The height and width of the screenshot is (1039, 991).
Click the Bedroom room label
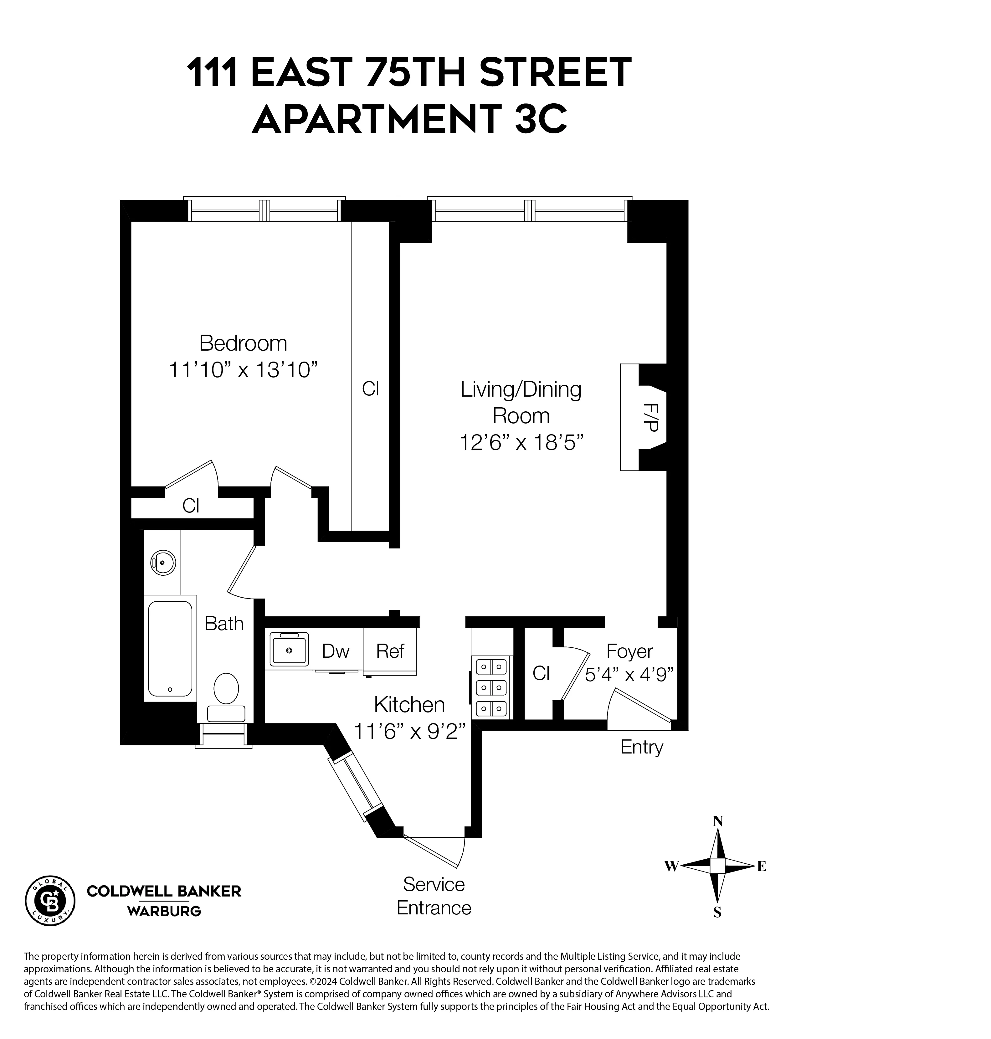(x=243, y=344)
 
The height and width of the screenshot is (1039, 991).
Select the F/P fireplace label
(x=651, y=417)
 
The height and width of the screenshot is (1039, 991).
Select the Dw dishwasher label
(x=336, y=651)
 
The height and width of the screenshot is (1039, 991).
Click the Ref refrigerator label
(x=390, y=651)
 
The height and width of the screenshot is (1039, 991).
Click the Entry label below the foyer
(x=641, y=748)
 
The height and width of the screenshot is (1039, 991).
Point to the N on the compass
(x=717, y=821)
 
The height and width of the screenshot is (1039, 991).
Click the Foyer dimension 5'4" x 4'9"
(x=629, y=675)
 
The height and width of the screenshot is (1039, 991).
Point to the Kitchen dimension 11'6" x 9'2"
(x=409, y=732)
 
